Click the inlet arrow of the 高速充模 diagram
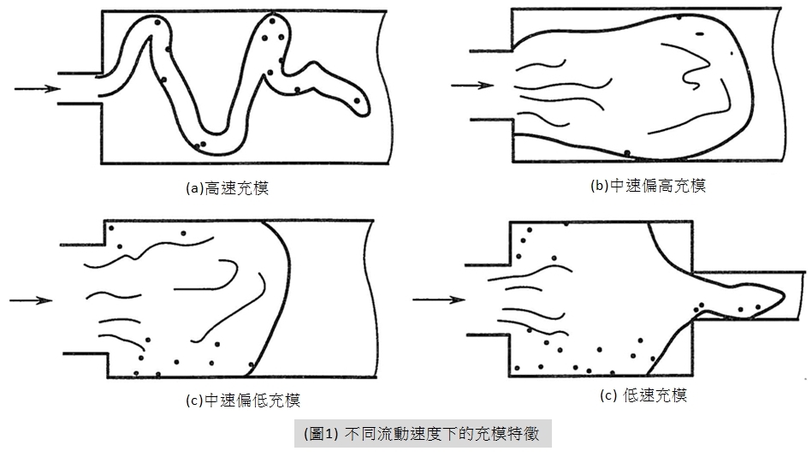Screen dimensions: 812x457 pyautogui.click(x=38, y=89)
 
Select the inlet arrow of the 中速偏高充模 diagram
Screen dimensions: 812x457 pyautogui.click(x=473, y=86)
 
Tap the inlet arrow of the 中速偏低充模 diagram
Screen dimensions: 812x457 pyautogui.click(x=31, y=300)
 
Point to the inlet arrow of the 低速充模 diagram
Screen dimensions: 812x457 pyautogui.click(x=439, y=299)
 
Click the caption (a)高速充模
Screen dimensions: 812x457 pyautogui.click(x=228, y=187)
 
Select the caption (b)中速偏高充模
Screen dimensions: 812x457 pyautogui.click(x=648, y=186)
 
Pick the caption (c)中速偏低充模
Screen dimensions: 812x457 pyautogui.click(x=243, y=400)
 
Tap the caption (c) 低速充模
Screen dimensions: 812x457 pyautogui.click(x=643, y=395)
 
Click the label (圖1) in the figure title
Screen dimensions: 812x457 pyautogui.click(x=321, y=433)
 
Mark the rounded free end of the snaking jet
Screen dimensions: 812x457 pyautogui.click(x=363, y=106)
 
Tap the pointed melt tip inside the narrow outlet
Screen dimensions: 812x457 pyautogui.click(x=781, y=296)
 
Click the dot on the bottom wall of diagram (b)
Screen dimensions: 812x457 pyautogui.click(x=627, y=153)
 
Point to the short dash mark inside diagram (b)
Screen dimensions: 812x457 pyautogui.click(x=700, y=34)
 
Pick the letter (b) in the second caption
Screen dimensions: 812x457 pyautogui.click(x=600, y=186)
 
